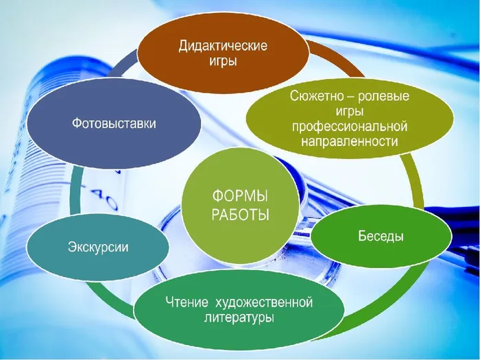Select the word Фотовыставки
(115, 124)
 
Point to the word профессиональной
(350, 127)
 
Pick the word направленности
(350, 142)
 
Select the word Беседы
(381, 236)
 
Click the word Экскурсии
(98, 246)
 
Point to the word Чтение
(185, 302)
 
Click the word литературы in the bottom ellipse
(230, 318)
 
